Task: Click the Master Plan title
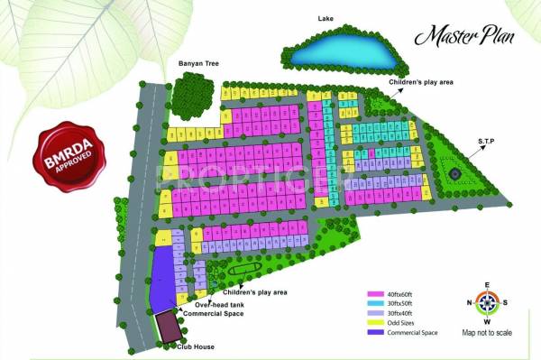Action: click(x=459, y=38)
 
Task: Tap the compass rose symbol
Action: click(x=487, y=303)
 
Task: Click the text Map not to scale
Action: click(x=487, y=333)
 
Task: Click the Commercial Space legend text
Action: click(x=413, y=333)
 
